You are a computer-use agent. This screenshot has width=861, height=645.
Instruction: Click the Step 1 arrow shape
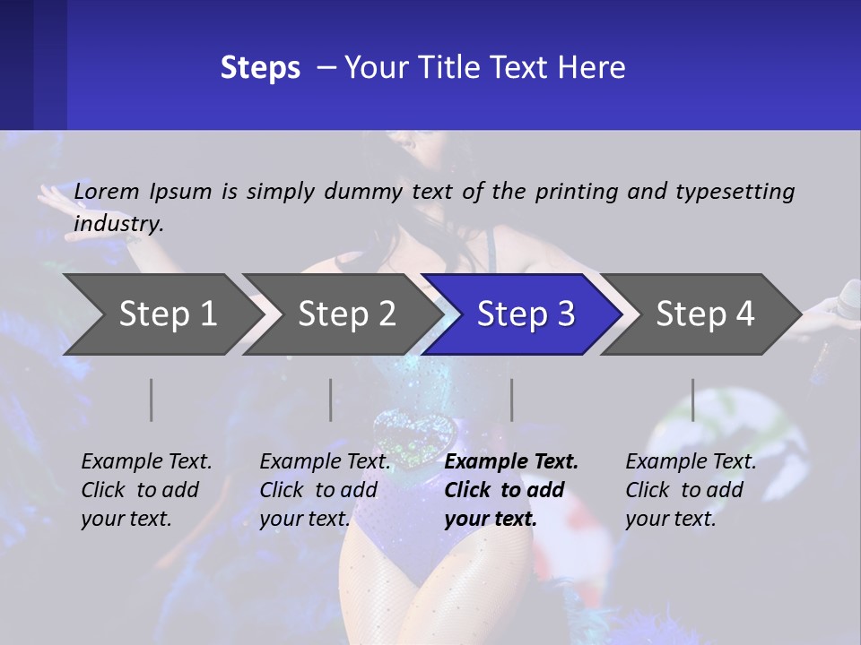coord(161,314)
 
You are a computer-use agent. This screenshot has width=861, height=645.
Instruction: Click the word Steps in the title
coord(260,67)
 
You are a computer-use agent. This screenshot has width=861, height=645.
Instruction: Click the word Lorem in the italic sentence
coord(107,191)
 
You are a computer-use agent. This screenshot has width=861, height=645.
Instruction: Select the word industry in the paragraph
coord(118,223)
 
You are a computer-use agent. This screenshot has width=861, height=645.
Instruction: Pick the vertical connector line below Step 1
coord(152,400)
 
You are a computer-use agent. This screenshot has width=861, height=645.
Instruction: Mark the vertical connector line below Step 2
coord(331,400)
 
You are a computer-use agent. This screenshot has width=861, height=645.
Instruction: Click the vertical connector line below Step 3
coord(512,400)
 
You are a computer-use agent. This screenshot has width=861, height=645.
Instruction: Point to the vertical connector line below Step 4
coord(693,400)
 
